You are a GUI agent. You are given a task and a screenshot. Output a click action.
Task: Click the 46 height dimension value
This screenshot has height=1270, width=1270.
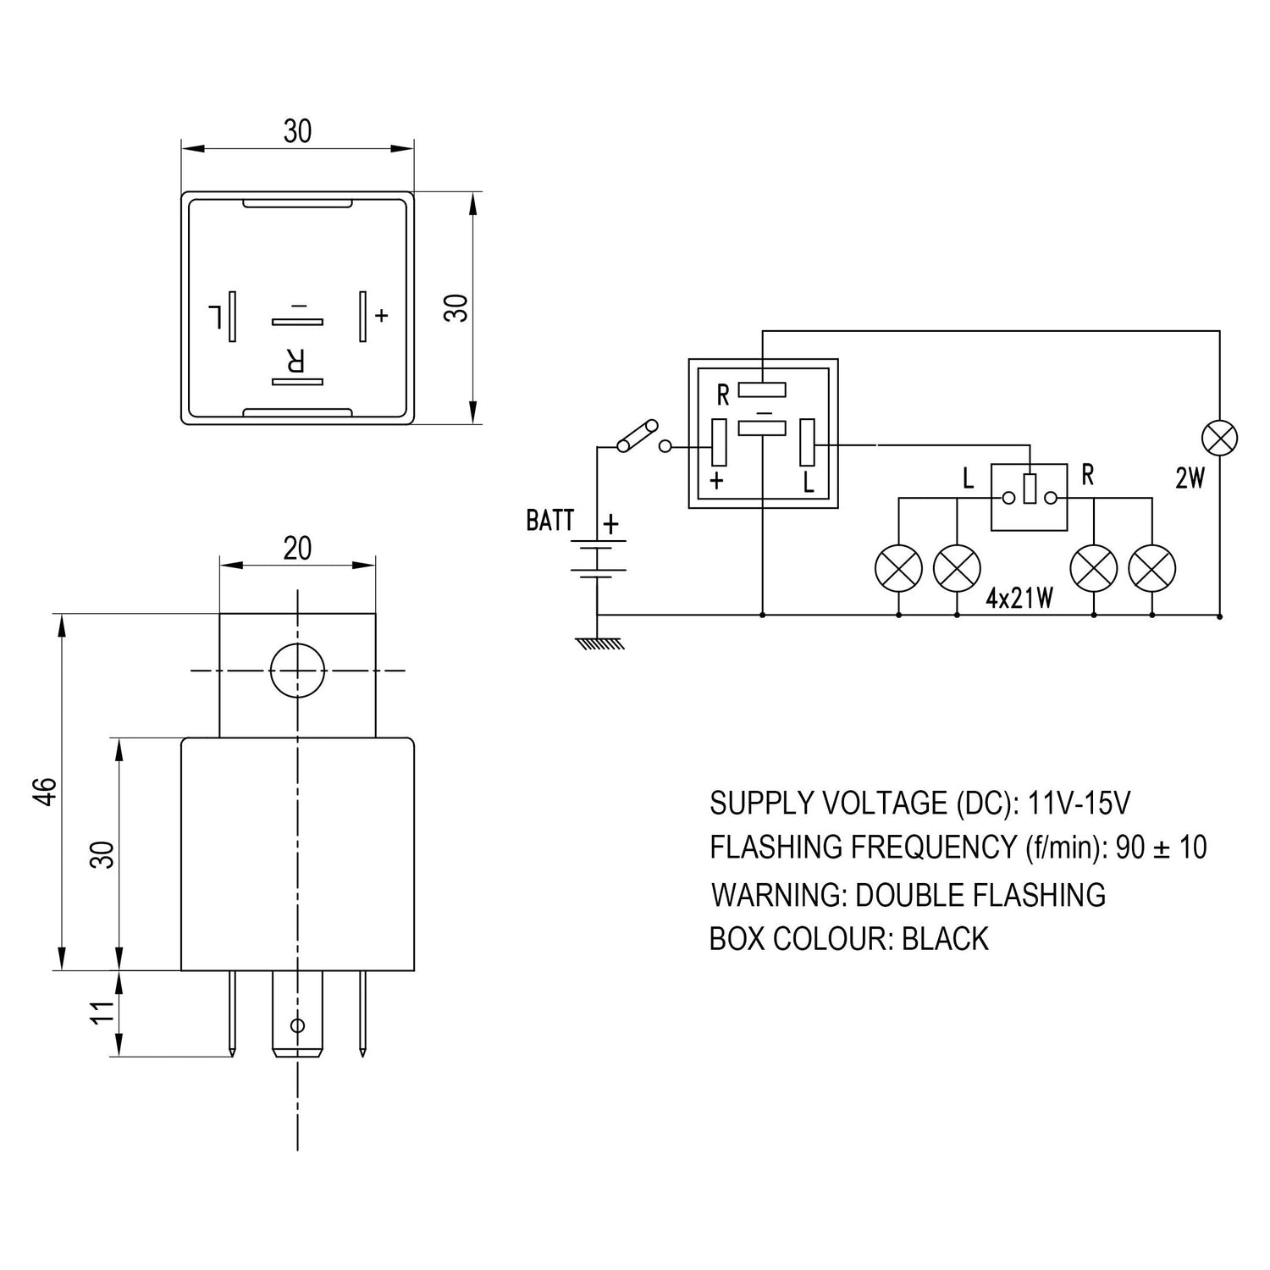coord(47,791)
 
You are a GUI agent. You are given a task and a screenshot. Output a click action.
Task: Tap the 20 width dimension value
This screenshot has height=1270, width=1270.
coord(297,549)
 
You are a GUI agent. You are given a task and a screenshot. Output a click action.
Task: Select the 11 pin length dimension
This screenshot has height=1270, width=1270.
coord(102,1013)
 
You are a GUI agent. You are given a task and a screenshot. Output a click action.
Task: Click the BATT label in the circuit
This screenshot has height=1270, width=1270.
coord(549,520)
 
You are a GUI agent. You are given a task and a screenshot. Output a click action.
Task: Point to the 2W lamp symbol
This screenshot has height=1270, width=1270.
coord(1219,439)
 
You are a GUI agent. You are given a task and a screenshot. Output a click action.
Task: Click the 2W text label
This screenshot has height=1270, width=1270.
coord(1190,479)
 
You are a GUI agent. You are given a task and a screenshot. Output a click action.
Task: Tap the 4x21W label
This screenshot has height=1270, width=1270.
coord(1019,599)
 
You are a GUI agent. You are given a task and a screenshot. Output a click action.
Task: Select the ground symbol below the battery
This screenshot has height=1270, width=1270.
coord(599,643)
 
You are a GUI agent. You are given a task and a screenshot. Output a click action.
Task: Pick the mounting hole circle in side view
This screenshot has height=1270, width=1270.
coord(297,671)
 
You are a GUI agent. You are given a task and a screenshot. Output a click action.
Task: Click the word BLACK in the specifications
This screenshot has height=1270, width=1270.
coord(945,939)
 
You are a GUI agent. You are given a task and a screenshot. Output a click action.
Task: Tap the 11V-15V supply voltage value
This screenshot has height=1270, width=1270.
coord(1079,803)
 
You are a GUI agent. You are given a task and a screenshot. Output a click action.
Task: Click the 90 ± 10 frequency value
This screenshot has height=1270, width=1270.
coord(1161,847)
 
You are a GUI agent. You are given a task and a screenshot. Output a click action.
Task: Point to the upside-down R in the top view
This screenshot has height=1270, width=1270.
coord(294,362)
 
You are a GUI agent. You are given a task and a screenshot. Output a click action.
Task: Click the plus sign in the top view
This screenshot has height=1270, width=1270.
coord(382,316)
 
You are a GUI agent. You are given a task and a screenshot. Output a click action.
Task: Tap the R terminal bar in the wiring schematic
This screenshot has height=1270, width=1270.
coord(762,389)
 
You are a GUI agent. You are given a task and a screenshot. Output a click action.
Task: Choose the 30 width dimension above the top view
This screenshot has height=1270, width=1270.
coord(297,131)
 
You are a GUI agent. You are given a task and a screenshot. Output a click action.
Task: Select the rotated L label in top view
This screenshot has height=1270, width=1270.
coord(216,317)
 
